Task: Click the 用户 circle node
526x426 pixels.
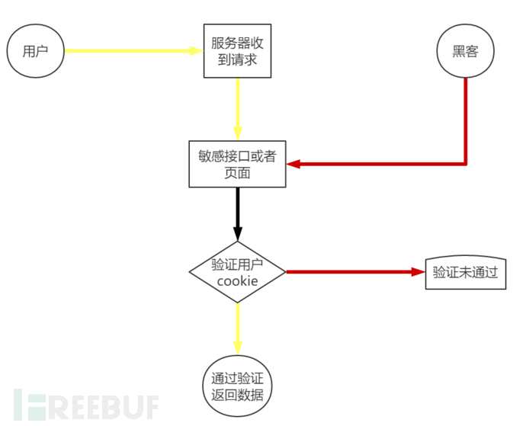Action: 35,51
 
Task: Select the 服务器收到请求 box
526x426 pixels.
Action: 238,51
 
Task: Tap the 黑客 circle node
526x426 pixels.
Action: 465,51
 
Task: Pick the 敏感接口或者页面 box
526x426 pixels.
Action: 237,164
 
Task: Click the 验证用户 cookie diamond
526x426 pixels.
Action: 237,272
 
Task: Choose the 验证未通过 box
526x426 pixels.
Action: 465,272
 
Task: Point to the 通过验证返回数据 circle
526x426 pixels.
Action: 237,386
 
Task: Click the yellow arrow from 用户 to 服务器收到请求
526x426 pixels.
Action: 130,51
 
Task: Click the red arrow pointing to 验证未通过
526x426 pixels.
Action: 351,272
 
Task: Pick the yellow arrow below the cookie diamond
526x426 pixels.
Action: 238,328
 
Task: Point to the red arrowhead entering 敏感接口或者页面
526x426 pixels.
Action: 293,164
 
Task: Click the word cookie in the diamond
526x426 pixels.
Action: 237,281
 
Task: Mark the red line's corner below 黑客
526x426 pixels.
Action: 465,163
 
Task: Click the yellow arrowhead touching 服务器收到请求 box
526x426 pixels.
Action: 197,51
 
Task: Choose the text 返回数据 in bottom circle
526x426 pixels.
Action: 237,396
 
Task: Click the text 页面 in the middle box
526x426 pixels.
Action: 237,173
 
